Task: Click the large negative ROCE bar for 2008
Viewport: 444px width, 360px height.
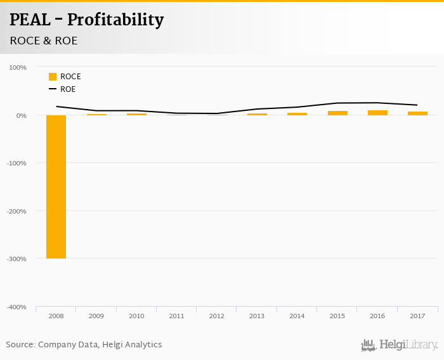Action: point(56,186)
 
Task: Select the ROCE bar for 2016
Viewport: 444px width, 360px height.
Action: point(377,113)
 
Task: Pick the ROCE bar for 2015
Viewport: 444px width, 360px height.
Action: point(337,113)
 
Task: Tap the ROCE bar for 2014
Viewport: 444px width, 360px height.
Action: point(297,114)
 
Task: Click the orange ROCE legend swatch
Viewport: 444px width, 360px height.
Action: point(53,77)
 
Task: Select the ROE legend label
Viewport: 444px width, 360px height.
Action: point(68,89)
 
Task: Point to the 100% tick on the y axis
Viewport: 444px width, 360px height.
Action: point(18,67)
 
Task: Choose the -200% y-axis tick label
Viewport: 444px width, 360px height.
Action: point(16,211)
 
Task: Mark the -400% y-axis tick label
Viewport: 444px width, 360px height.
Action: point(16,307)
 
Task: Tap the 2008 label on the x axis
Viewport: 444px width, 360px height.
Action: point(56,315)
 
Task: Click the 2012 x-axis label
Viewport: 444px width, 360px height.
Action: point(216,315)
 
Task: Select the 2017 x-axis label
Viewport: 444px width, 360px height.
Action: point(417,315)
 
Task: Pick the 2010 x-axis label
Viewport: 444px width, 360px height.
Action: point(136,315)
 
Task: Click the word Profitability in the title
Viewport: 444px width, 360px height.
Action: point(115,20)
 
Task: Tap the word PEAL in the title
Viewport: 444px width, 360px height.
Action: point(30,20)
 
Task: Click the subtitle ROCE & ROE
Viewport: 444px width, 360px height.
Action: point(43,41)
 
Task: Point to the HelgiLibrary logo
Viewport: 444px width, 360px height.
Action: point(400,345)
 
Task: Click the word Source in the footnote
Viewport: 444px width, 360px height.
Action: point(20,345)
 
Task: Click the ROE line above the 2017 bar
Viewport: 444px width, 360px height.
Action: point(417,105)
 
